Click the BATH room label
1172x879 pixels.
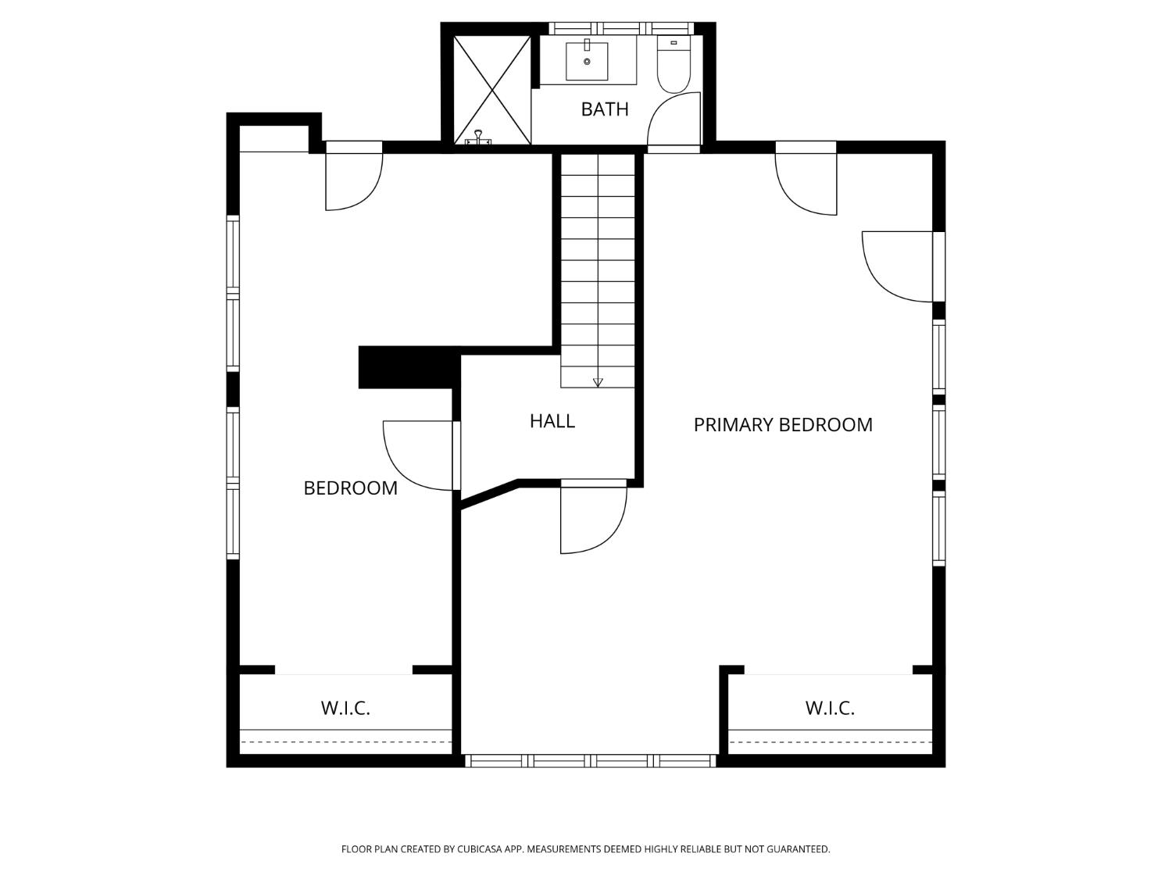click(604, 109)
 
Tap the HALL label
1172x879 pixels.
click(552, 421)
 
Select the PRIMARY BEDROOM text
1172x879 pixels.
click(783, 425)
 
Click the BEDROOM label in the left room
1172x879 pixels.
click(350, 488)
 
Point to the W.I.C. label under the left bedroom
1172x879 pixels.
click(345, 708)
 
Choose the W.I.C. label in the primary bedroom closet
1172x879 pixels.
click(830, 708)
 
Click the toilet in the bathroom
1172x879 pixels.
click(674, 64)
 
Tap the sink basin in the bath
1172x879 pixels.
click(587, 62)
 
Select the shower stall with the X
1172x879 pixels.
click(491, 90)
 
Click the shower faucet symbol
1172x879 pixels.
click(477, 137)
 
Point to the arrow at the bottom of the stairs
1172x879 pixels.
click(598, 382)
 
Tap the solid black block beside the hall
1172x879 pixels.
click(409, 367)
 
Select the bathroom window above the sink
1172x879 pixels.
click(621, 28)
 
